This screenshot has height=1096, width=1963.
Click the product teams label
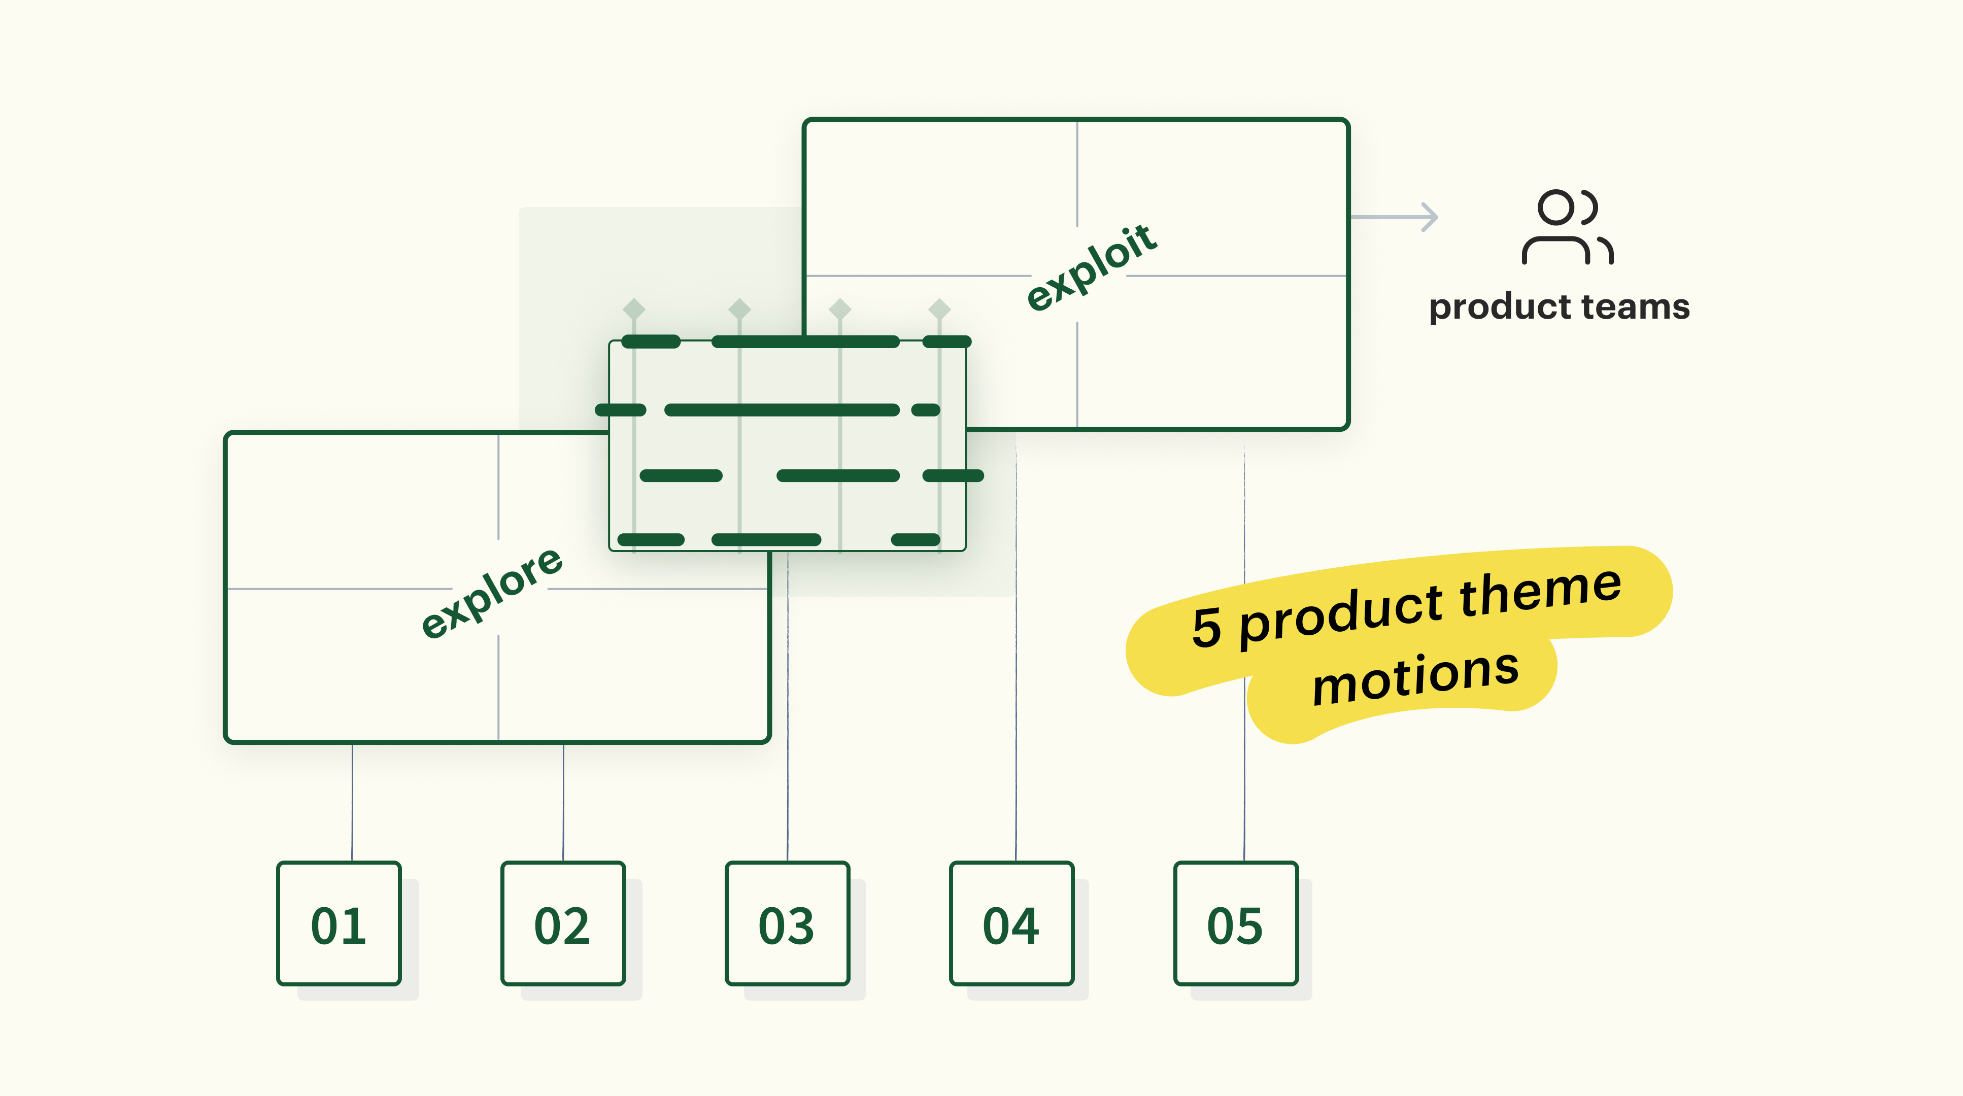pos(1559,307)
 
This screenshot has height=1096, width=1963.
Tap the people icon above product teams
pos(1567,227)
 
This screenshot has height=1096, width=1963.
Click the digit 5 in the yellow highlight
pos(1206,628)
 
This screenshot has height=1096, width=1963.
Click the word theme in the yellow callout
pos(1541,592)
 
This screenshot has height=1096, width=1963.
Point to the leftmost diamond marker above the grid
pos(634,309)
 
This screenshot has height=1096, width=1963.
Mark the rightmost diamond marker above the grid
pos(939,309)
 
